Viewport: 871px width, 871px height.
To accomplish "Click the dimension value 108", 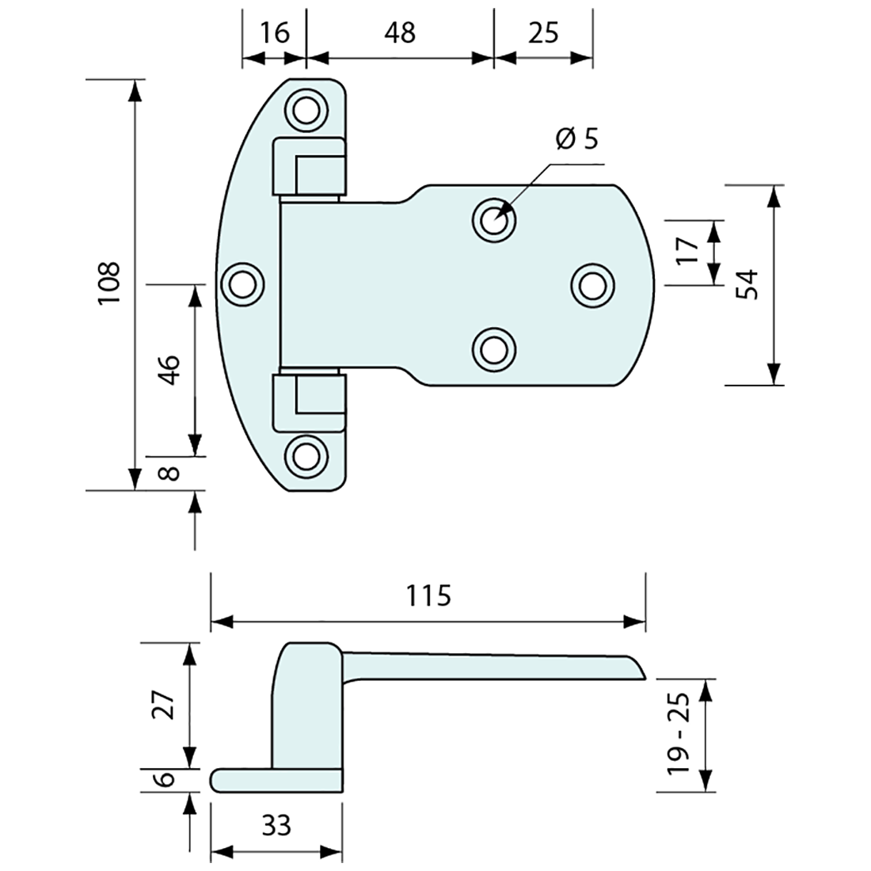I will coord(108,283).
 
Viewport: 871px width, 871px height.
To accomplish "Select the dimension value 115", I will coord(428,594).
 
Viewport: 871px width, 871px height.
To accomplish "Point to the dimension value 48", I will coord(399,32).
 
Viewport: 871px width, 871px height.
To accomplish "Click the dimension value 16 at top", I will coord(274,32).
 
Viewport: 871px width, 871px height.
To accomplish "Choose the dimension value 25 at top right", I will coord(542,32).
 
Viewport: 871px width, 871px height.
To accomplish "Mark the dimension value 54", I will coord(747,284).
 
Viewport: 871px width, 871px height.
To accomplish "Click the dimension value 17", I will coord(688,251).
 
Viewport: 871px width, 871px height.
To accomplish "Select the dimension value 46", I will coord(169,369).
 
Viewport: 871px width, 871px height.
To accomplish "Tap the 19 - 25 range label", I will coord(679,734).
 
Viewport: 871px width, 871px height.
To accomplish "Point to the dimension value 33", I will coord(275,826).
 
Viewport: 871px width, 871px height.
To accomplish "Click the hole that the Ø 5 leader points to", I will coord(493,219).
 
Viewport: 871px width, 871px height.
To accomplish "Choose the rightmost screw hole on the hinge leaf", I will coord(592,283).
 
